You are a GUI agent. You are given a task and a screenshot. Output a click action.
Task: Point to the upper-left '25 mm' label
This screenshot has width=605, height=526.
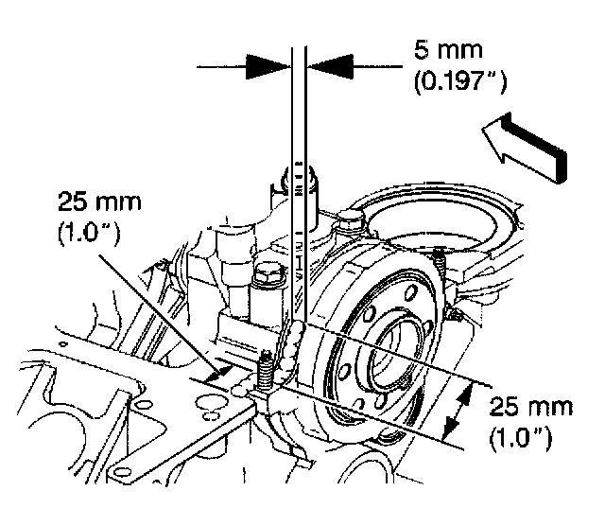click(95, 202)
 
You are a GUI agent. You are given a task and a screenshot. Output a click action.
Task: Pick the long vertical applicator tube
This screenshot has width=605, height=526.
click(300, 189)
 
